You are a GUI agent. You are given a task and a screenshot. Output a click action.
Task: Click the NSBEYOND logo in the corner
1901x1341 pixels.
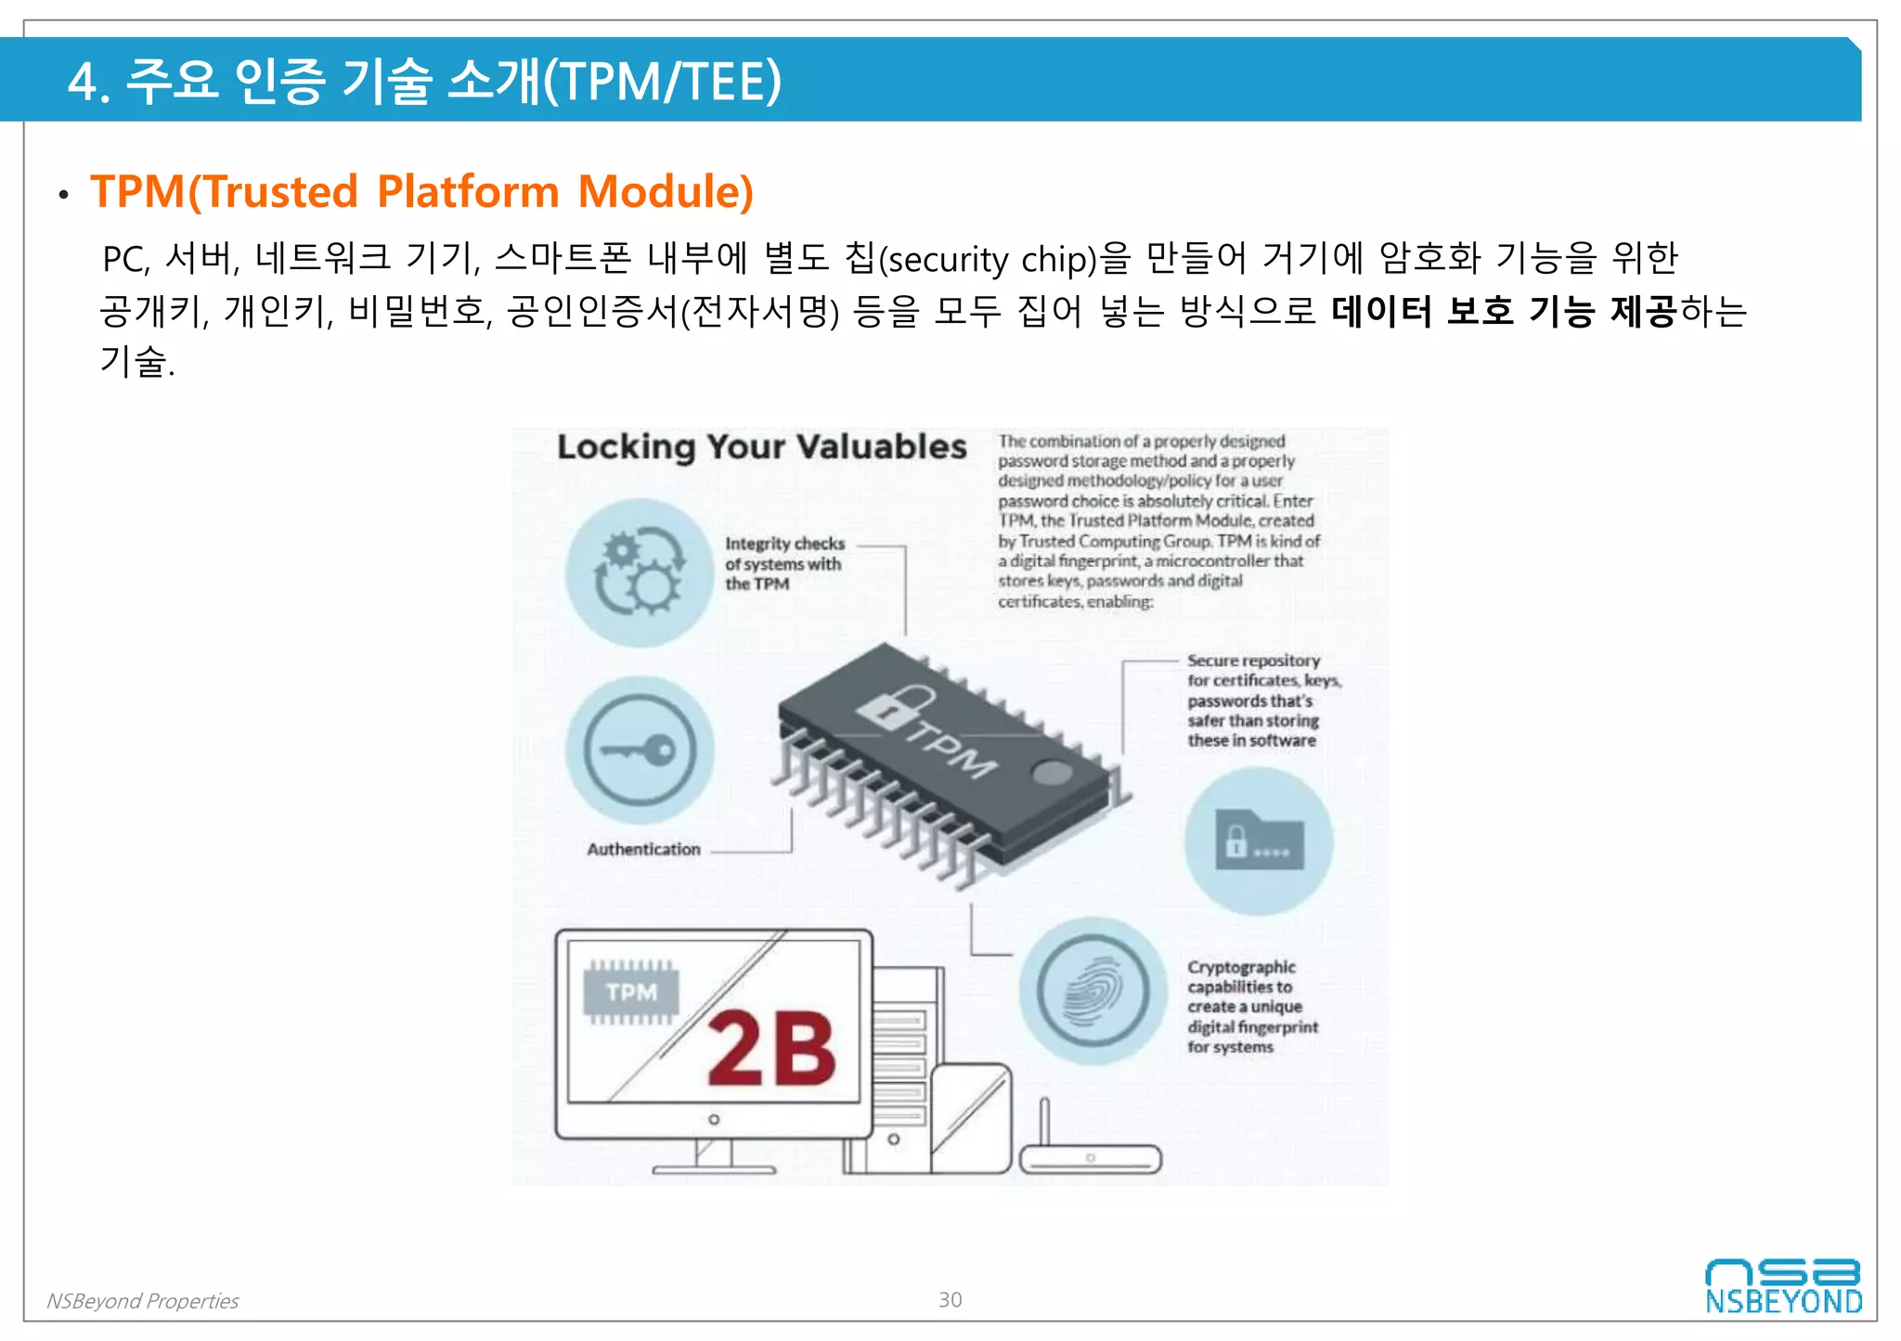coord(1782,1286)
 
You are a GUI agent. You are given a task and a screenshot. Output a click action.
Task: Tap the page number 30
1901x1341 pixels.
coord(950,1299)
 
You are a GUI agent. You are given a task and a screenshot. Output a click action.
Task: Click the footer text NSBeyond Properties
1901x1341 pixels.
coord(142,1301)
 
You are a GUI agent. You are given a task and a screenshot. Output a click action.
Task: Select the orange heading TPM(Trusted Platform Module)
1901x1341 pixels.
coord(421,191)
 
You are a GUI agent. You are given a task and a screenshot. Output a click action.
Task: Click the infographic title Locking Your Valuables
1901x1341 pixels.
coord(761,446)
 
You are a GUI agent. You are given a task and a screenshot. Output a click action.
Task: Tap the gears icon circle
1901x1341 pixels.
coord(640,573)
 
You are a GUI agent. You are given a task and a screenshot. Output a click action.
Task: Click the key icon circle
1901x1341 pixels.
coord(640,750)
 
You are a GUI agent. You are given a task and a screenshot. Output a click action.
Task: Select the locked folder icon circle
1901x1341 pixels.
coord(1259,841)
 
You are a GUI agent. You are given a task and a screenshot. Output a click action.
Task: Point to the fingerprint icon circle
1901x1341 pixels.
coord(1093,990)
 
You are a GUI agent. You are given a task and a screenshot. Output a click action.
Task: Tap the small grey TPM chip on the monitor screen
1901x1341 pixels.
coord(631,992)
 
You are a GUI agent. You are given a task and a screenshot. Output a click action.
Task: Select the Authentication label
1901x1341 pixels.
coord(643,849)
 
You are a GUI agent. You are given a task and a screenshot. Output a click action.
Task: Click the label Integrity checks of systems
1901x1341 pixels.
coord(783,563)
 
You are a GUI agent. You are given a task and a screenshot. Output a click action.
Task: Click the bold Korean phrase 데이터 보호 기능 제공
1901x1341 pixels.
coord(1503,311)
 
